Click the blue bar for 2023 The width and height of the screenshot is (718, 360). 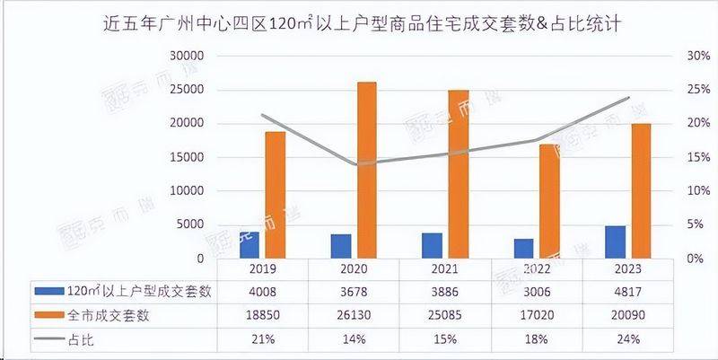point(616,241)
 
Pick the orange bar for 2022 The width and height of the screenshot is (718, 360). point(548,201)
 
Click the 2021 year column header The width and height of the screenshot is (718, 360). point(446,268)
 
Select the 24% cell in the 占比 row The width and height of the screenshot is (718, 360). point(628,339)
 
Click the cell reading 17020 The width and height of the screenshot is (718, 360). point(537,315)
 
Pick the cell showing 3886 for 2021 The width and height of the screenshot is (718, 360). point(446,291)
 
